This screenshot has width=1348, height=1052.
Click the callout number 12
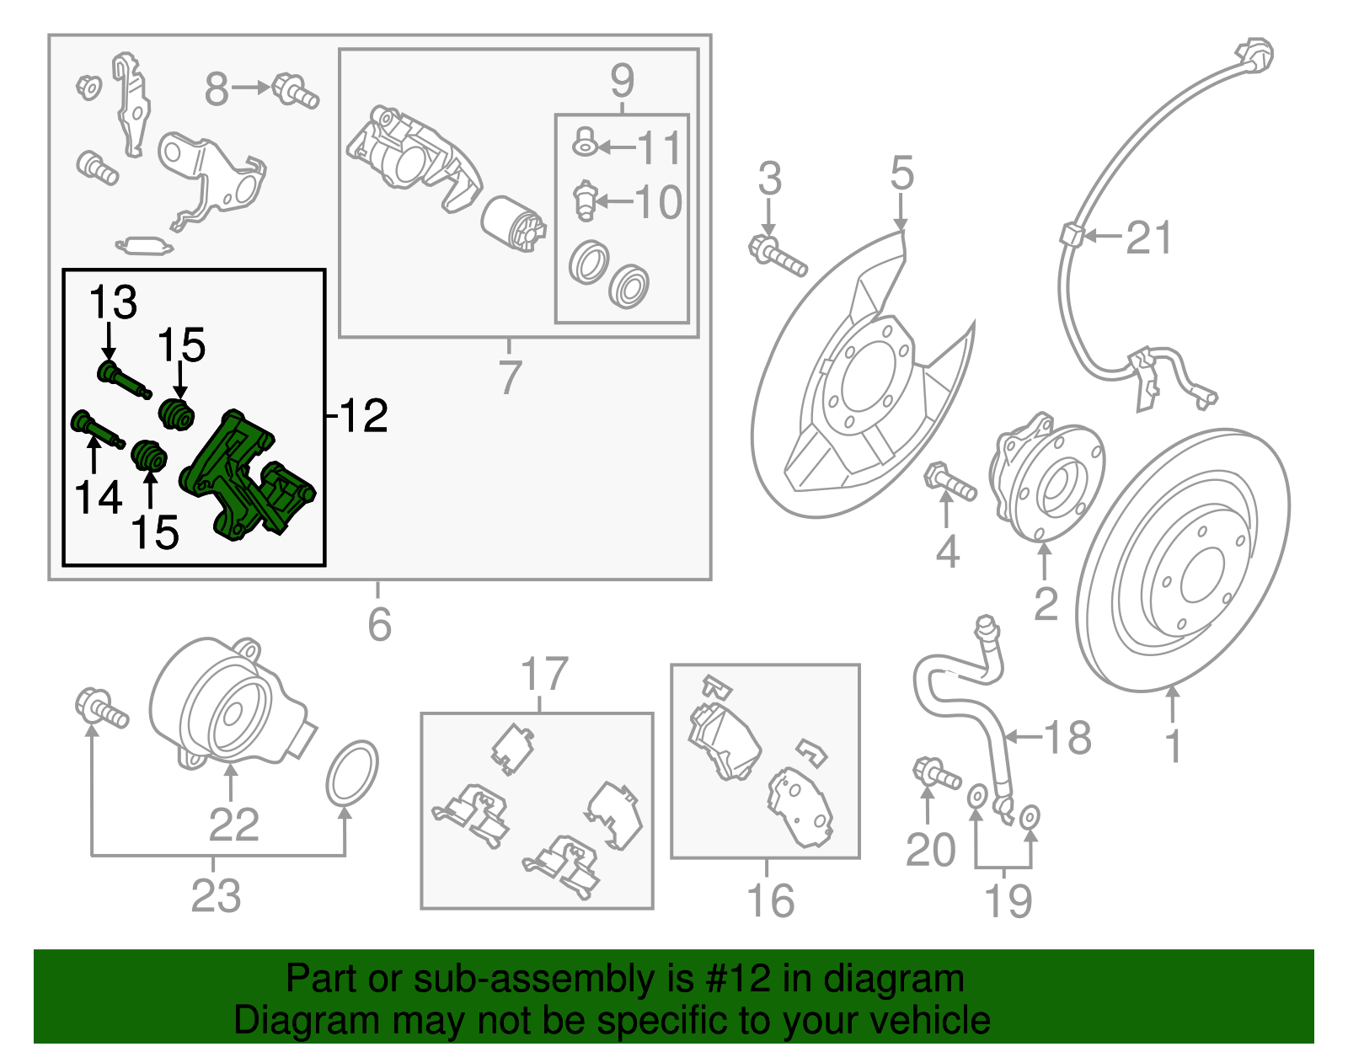pyautogui.click(x=364, y=415)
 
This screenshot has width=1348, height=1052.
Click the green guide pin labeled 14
pyautogui.click(x=96, y=427)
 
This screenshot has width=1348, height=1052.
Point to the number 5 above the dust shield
pyautogui.click(x=901, y=174)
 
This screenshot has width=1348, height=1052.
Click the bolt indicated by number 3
pyautogui.click(x=777, y=256)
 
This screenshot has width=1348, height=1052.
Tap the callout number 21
pyautogui.click(x=1149, y=238)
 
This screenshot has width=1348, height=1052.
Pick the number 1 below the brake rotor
pyautogui.click(x=1173, y=746)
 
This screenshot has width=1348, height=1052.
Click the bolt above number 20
pyautogui.click(x=935, y=772)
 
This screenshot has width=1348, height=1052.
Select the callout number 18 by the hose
pyautogui.click(x=1067, y=738)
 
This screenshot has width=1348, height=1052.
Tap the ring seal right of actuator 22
pyautogui.click(x=352, y=772)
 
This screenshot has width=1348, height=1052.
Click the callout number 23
pyautogui.click(x=216, y=895)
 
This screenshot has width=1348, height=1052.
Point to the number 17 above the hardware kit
pyautogui.click(x=544, y=675)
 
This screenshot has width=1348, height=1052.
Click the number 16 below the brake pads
pyautogui.click(x=770, y=900)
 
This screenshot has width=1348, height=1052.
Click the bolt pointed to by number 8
pyautogui.click(x=294, y=90)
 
